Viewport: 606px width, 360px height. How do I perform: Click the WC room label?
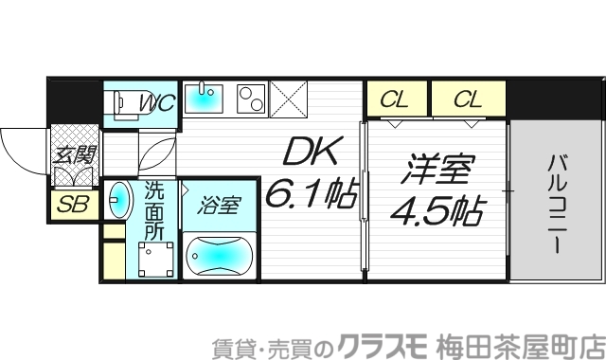coord(156,103)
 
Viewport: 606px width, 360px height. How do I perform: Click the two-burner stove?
coord(249,97)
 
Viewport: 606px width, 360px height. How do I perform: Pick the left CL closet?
coord(395,99)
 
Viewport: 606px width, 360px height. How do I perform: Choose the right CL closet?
coord(467,99)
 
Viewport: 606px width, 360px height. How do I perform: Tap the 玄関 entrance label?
coord(73,156)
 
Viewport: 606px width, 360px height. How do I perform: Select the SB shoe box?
coord(72,204)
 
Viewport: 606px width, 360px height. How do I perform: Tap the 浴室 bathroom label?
coord(220,204)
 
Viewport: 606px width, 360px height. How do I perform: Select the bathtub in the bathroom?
coord(220,256)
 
